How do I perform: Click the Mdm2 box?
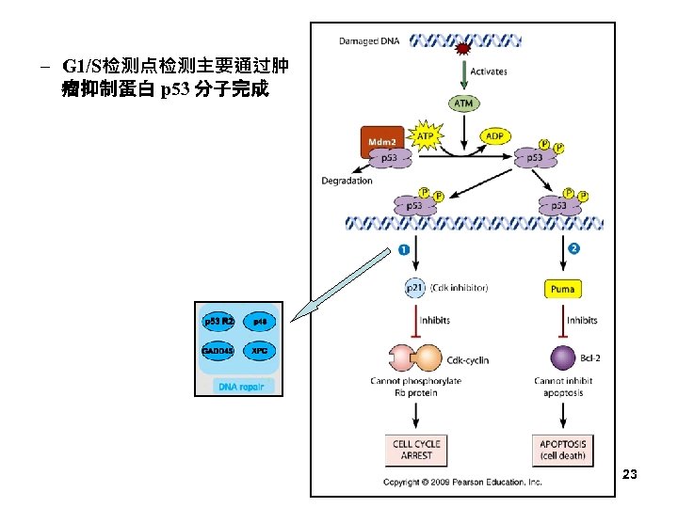[381, 140]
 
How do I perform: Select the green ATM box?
[463, 103]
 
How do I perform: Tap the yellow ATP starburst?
[426, 137]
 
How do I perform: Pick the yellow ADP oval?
[493, 136]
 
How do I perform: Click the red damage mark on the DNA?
[463, 48]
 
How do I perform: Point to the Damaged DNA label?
[369, 40]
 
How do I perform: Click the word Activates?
[488, 71]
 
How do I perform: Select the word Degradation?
[347, 181]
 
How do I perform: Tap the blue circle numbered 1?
[404, 250]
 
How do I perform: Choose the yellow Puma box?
[563, 289]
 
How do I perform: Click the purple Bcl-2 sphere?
[563, 357]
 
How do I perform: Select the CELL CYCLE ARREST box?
[416, 449]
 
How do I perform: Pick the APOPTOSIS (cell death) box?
[563, 449]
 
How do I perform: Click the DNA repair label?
[243, 386]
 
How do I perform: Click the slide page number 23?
[630, 475]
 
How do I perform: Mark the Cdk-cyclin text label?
[470, 359]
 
